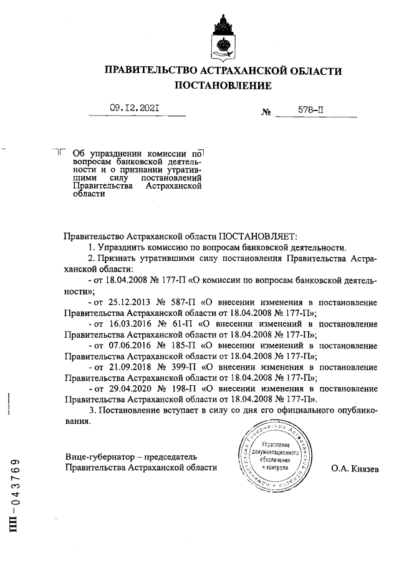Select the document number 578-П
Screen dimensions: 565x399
310,109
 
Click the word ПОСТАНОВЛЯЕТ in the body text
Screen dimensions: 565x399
258,237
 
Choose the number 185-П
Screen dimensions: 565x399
188,345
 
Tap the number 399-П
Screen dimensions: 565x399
188,367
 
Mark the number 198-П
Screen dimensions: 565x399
188,388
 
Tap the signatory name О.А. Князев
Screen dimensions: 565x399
354,468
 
